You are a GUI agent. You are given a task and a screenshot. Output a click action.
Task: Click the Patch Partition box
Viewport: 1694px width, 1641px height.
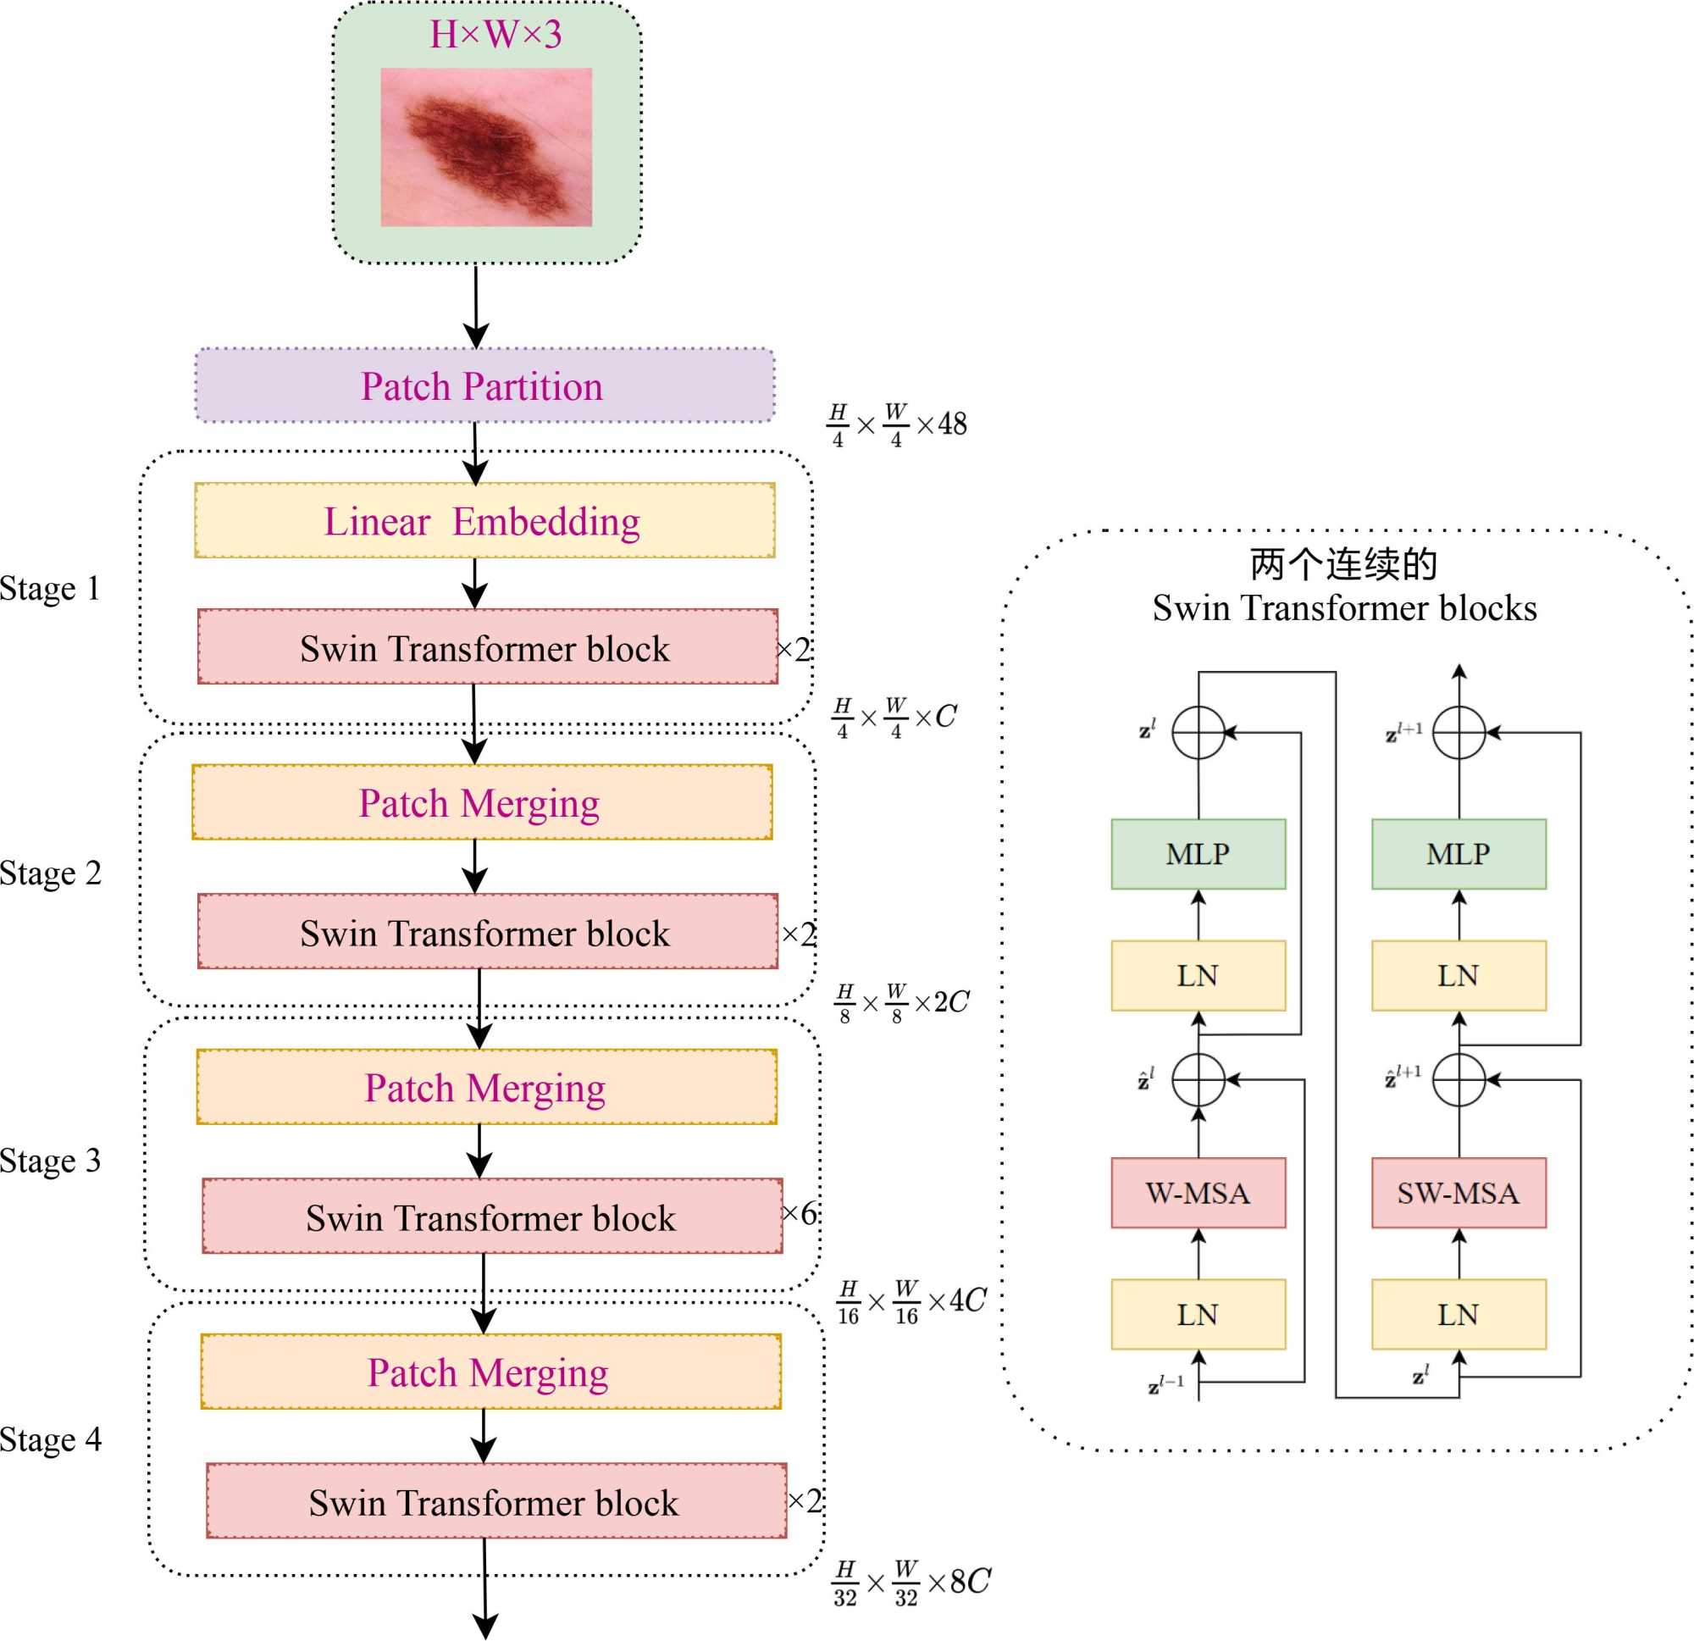tap(484, 385)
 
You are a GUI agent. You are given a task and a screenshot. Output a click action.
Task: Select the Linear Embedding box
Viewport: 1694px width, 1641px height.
tap(484, 520)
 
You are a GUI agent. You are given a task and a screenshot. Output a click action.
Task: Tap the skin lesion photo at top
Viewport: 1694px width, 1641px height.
tap(485, 147)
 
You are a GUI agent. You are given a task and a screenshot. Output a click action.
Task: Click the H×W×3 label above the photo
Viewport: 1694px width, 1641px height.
tap(495, 35)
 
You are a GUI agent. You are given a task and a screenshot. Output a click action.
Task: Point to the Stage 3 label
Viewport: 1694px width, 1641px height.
tap(50, 1161)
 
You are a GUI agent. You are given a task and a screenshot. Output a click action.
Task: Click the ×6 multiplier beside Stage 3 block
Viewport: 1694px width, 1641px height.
tap(800, 1213)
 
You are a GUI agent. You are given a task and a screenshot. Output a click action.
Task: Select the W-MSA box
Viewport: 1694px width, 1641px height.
tap(1198, 1193)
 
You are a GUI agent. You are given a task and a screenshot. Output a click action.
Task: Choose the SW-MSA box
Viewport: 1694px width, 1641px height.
tap(1458, 1193)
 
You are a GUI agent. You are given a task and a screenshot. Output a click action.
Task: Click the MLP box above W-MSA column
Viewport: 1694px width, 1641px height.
tap(1198, 854)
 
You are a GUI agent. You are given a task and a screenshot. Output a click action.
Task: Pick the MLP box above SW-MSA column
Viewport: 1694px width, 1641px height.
tap(1458, 854)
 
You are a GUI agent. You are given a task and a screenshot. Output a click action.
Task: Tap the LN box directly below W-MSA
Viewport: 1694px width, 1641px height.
tap(1198, 1314)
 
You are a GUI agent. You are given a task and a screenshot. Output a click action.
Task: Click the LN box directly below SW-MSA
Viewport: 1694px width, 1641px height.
tap(1458, 1314)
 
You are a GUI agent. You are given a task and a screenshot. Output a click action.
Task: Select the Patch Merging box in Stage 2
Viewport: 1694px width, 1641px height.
tap(481, 802)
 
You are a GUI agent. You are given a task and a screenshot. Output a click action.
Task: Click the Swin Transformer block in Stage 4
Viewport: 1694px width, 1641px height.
tap(495, 1502)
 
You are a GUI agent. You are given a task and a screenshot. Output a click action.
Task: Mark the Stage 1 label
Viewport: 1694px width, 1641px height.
tap(50, 589)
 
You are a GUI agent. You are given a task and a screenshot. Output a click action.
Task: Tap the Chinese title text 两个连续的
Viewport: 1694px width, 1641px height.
tap(1343, 564)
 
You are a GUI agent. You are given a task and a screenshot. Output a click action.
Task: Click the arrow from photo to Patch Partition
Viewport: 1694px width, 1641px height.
tap(476, 307)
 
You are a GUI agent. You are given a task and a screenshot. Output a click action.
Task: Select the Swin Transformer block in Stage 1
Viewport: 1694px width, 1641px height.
tap(486, 647)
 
